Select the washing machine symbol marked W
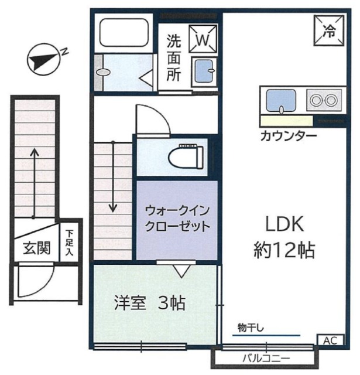[202, 39]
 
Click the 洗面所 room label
[174, 59]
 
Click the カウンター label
[289, 137]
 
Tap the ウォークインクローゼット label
[177, 218]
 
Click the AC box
[330, 340]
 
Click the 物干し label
[250, 326]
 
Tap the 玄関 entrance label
[36, 248]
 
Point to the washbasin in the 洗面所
[203, 71]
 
